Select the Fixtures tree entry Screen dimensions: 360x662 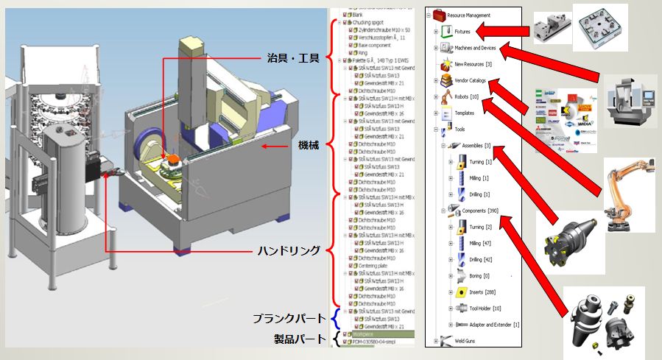click(x=462, y=32)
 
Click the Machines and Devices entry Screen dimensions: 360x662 click(x=475, y=48)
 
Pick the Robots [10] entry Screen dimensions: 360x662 click(x=467, y=96)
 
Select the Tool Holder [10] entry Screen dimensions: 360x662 click(x=485, y=308)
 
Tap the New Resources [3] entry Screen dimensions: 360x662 click(x=473, y=64)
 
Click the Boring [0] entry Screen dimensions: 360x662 click(x=479, y=275)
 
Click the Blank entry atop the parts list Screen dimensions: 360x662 click(x=359, y=14)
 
